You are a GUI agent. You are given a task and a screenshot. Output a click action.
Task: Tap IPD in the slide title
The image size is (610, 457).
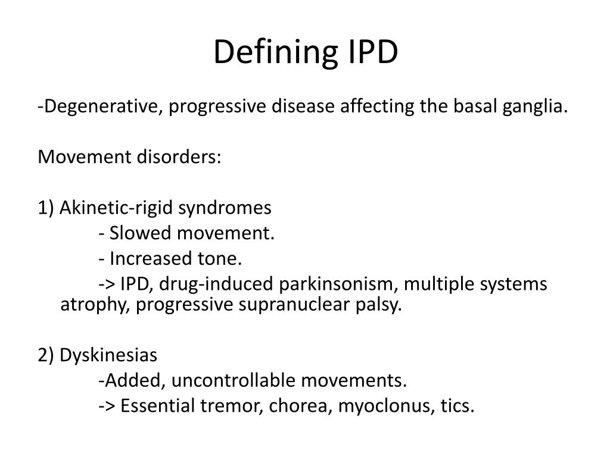tap(369, 53)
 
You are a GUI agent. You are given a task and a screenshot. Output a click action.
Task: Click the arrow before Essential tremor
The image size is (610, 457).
tap(107, 406)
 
